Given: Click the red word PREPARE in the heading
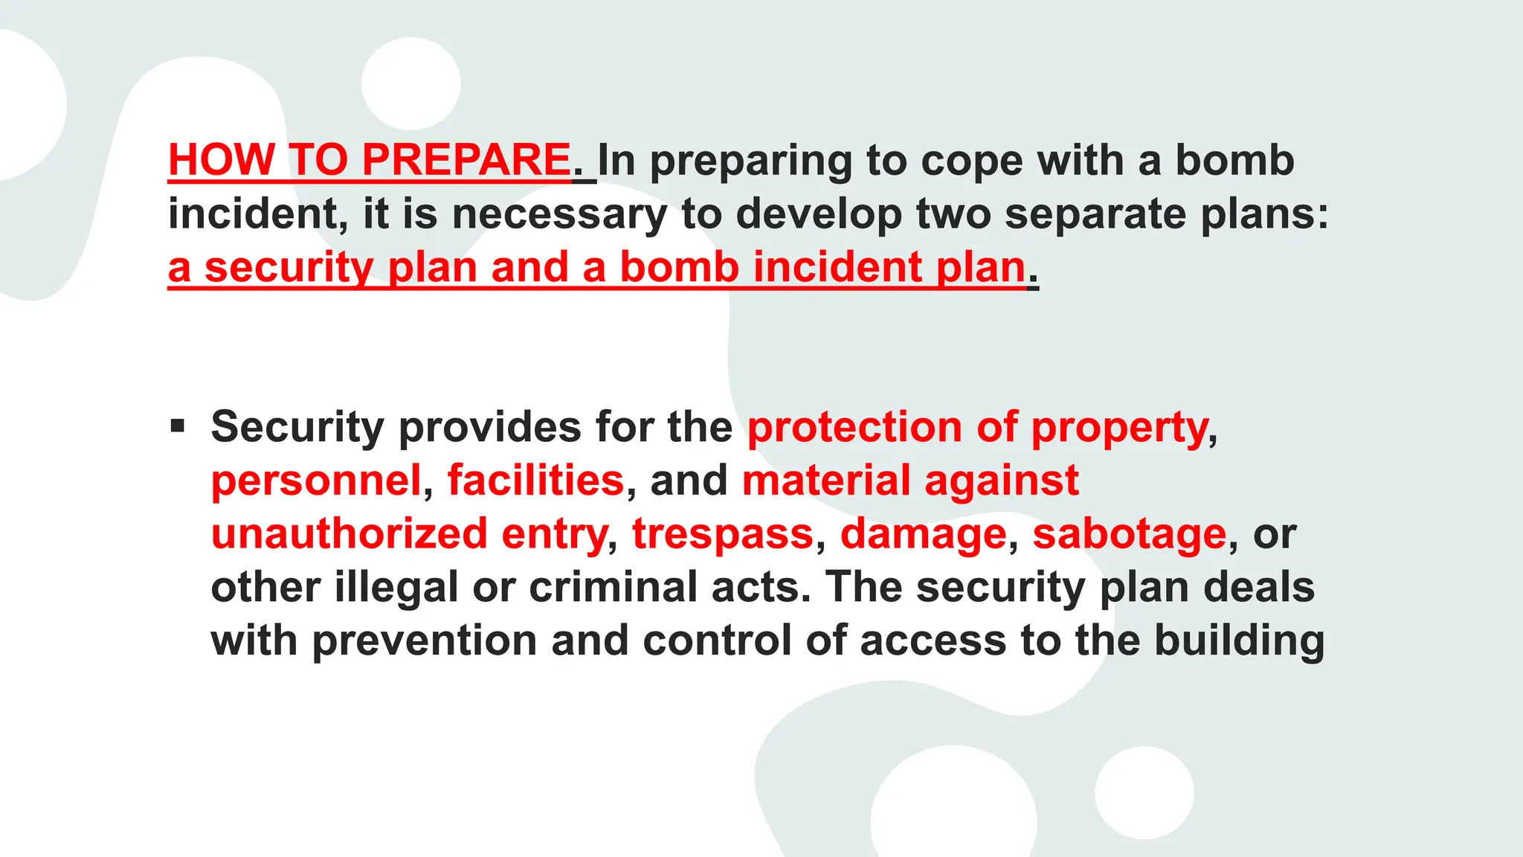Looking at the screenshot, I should click(x=466, y=160).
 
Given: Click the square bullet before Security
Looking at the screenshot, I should click(x=178, y=426).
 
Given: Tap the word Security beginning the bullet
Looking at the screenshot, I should click(x=297, y=428).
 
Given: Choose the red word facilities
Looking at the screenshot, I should click(x=535, y=481).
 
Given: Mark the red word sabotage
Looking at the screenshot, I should click(x=1129, y=535).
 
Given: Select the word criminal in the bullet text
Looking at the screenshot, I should click(x=613, y=588).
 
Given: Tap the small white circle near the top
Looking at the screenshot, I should click(x=411, y=83).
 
